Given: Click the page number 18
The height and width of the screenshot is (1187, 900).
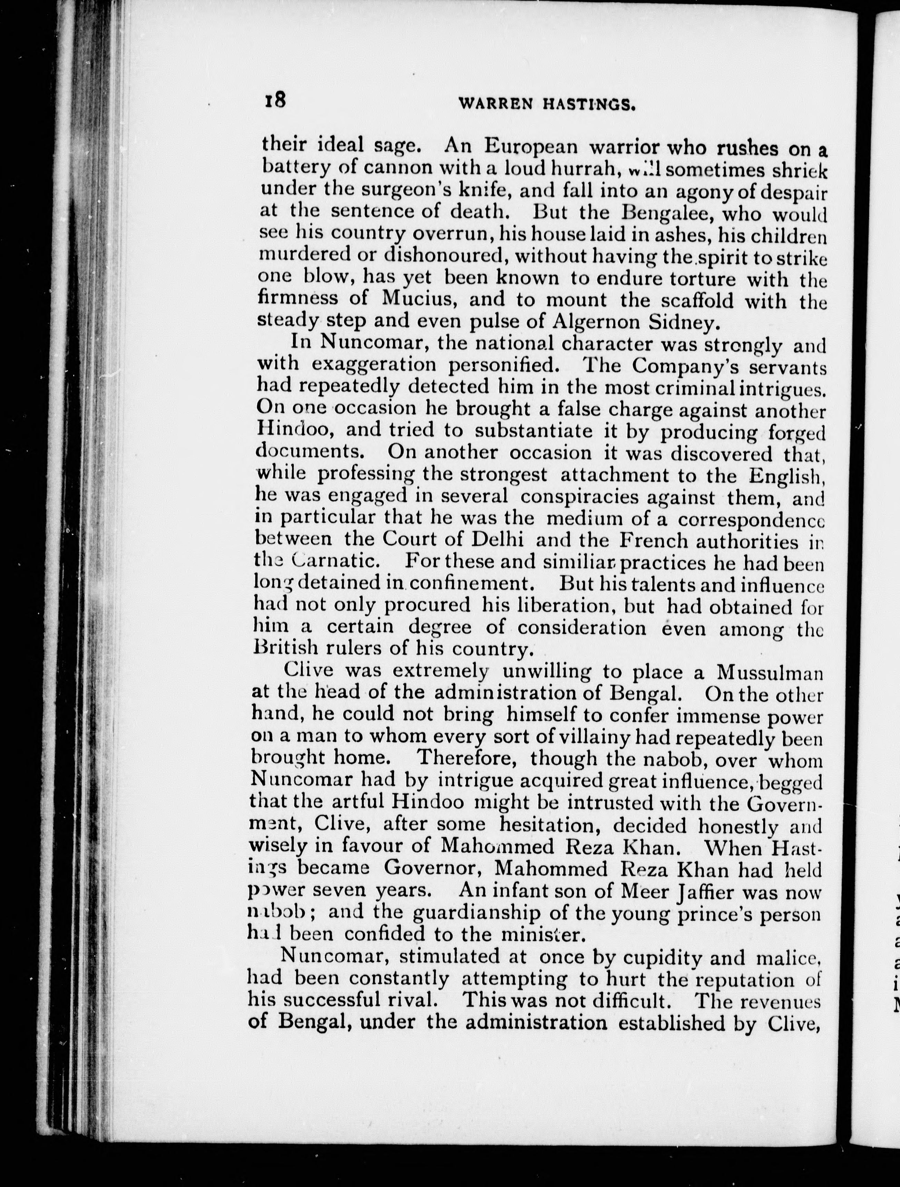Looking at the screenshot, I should (x=275, y=100).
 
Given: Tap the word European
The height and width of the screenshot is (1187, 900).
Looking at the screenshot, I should (x=531, y=147).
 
